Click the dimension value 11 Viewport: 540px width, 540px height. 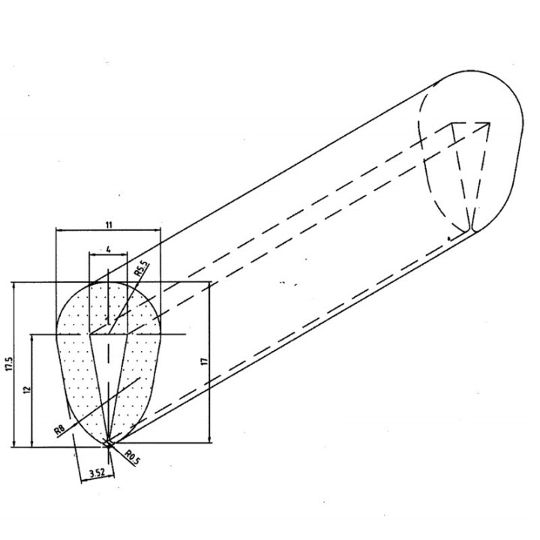(109, 225)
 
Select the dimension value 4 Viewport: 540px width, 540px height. (109, 249)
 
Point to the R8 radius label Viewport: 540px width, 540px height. (60, 430)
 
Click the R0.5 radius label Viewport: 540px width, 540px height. (133, 457)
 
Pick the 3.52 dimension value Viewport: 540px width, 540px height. (97, 472)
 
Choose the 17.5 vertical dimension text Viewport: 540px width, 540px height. (9, 364)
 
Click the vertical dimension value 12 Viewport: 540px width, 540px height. (27, 389)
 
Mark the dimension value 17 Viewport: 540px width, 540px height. (205, 361)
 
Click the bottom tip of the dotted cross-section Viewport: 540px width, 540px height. (109, 445)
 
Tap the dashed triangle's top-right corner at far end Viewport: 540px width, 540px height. (489, 122)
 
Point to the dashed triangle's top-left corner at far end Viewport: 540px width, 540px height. (451, 123)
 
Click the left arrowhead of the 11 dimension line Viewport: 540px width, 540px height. (59, 230)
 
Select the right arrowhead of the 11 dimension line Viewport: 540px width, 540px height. (157, 230)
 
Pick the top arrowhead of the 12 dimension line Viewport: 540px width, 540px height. (32, 338)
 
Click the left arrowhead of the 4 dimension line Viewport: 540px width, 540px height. (92, 254)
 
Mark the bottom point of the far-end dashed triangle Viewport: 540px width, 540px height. (470, 230)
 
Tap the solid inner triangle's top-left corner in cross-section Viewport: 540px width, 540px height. (90, 334)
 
